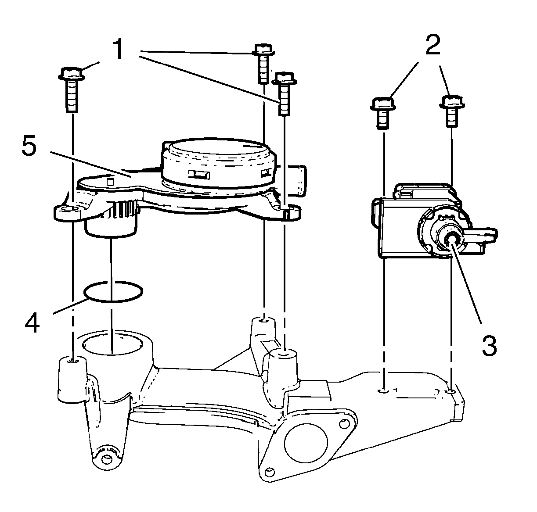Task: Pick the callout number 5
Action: pos(29,148)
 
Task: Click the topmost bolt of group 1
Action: pos(263,49)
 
